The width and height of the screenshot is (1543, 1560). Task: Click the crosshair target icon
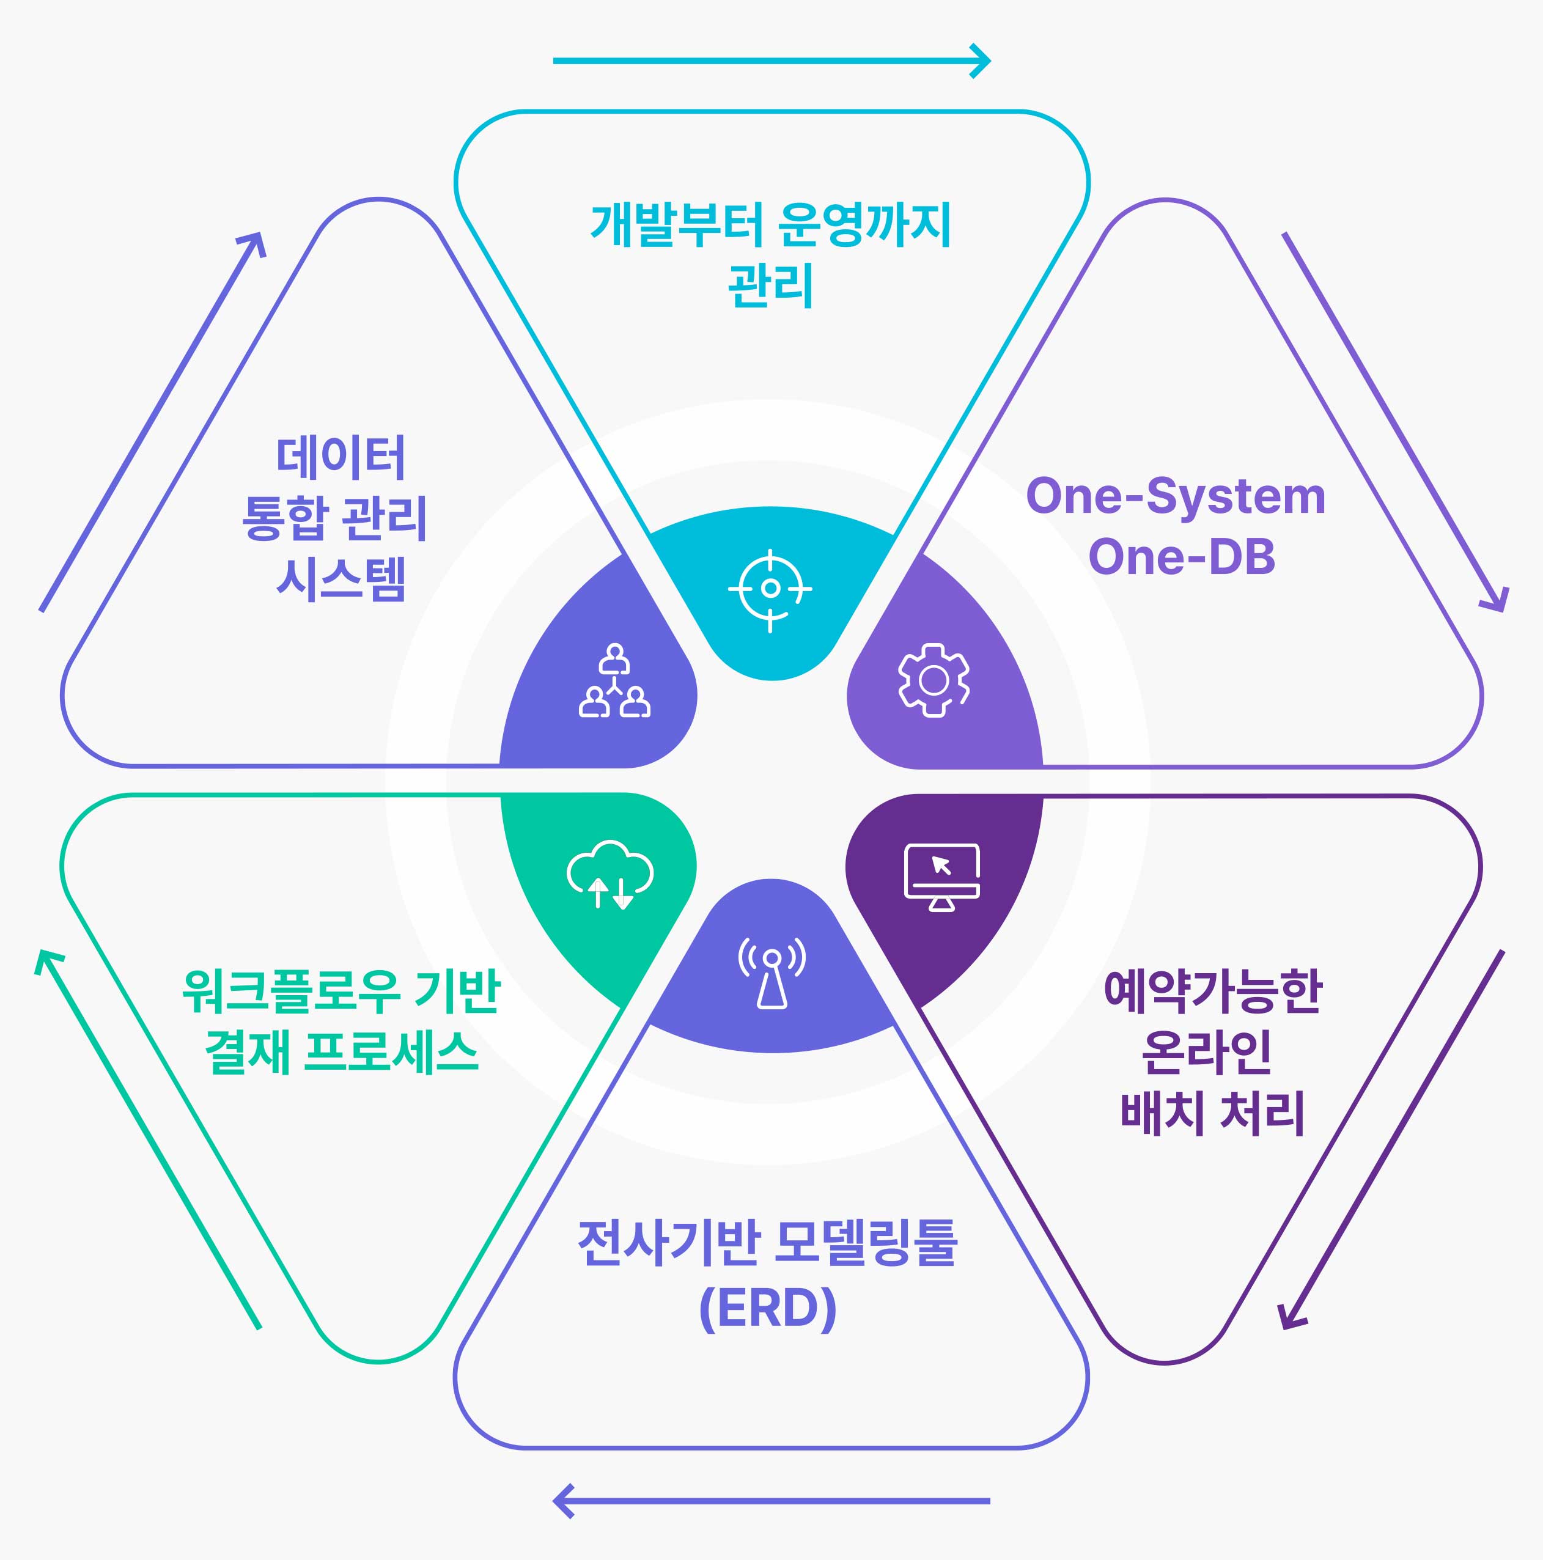tap(770, 589)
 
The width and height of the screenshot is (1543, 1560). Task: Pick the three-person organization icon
tap(614, 681)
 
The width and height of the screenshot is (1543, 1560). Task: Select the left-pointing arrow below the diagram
tap(771, 1500)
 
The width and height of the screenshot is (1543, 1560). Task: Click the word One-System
tap(1176, 496)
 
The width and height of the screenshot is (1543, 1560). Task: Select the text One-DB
tap(1181, 557)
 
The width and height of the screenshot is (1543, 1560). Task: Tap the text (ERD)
tap(768, 1309)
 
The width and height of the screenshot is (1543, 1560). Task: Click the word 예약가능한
tap(1213, 992)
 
